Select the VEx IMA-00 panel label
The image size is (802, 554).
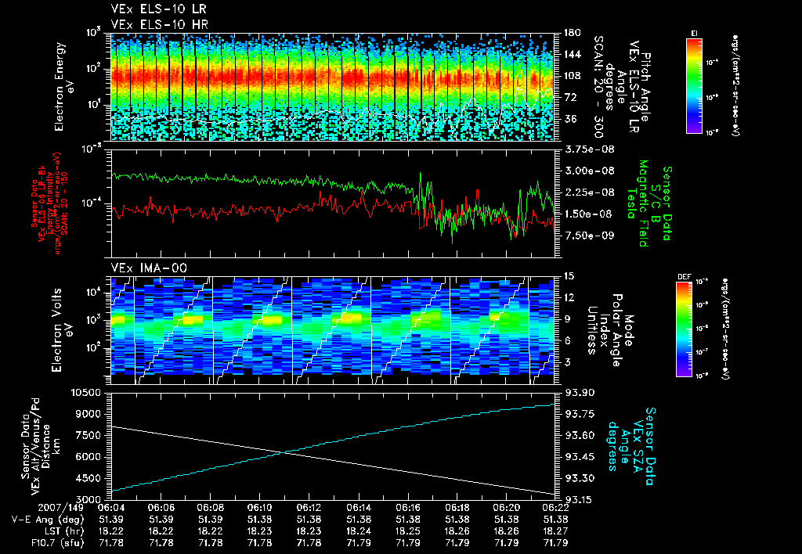(143, 268)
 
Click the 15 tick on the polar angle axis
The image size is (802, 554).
(568, 276)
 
